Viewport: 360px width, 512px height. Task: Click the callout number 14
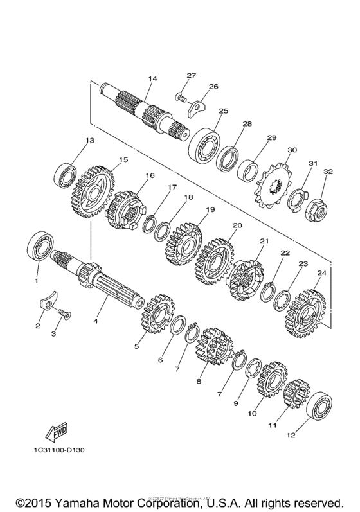[152, 79]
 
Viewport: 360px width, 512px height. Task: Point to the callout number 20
[237, 225]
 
